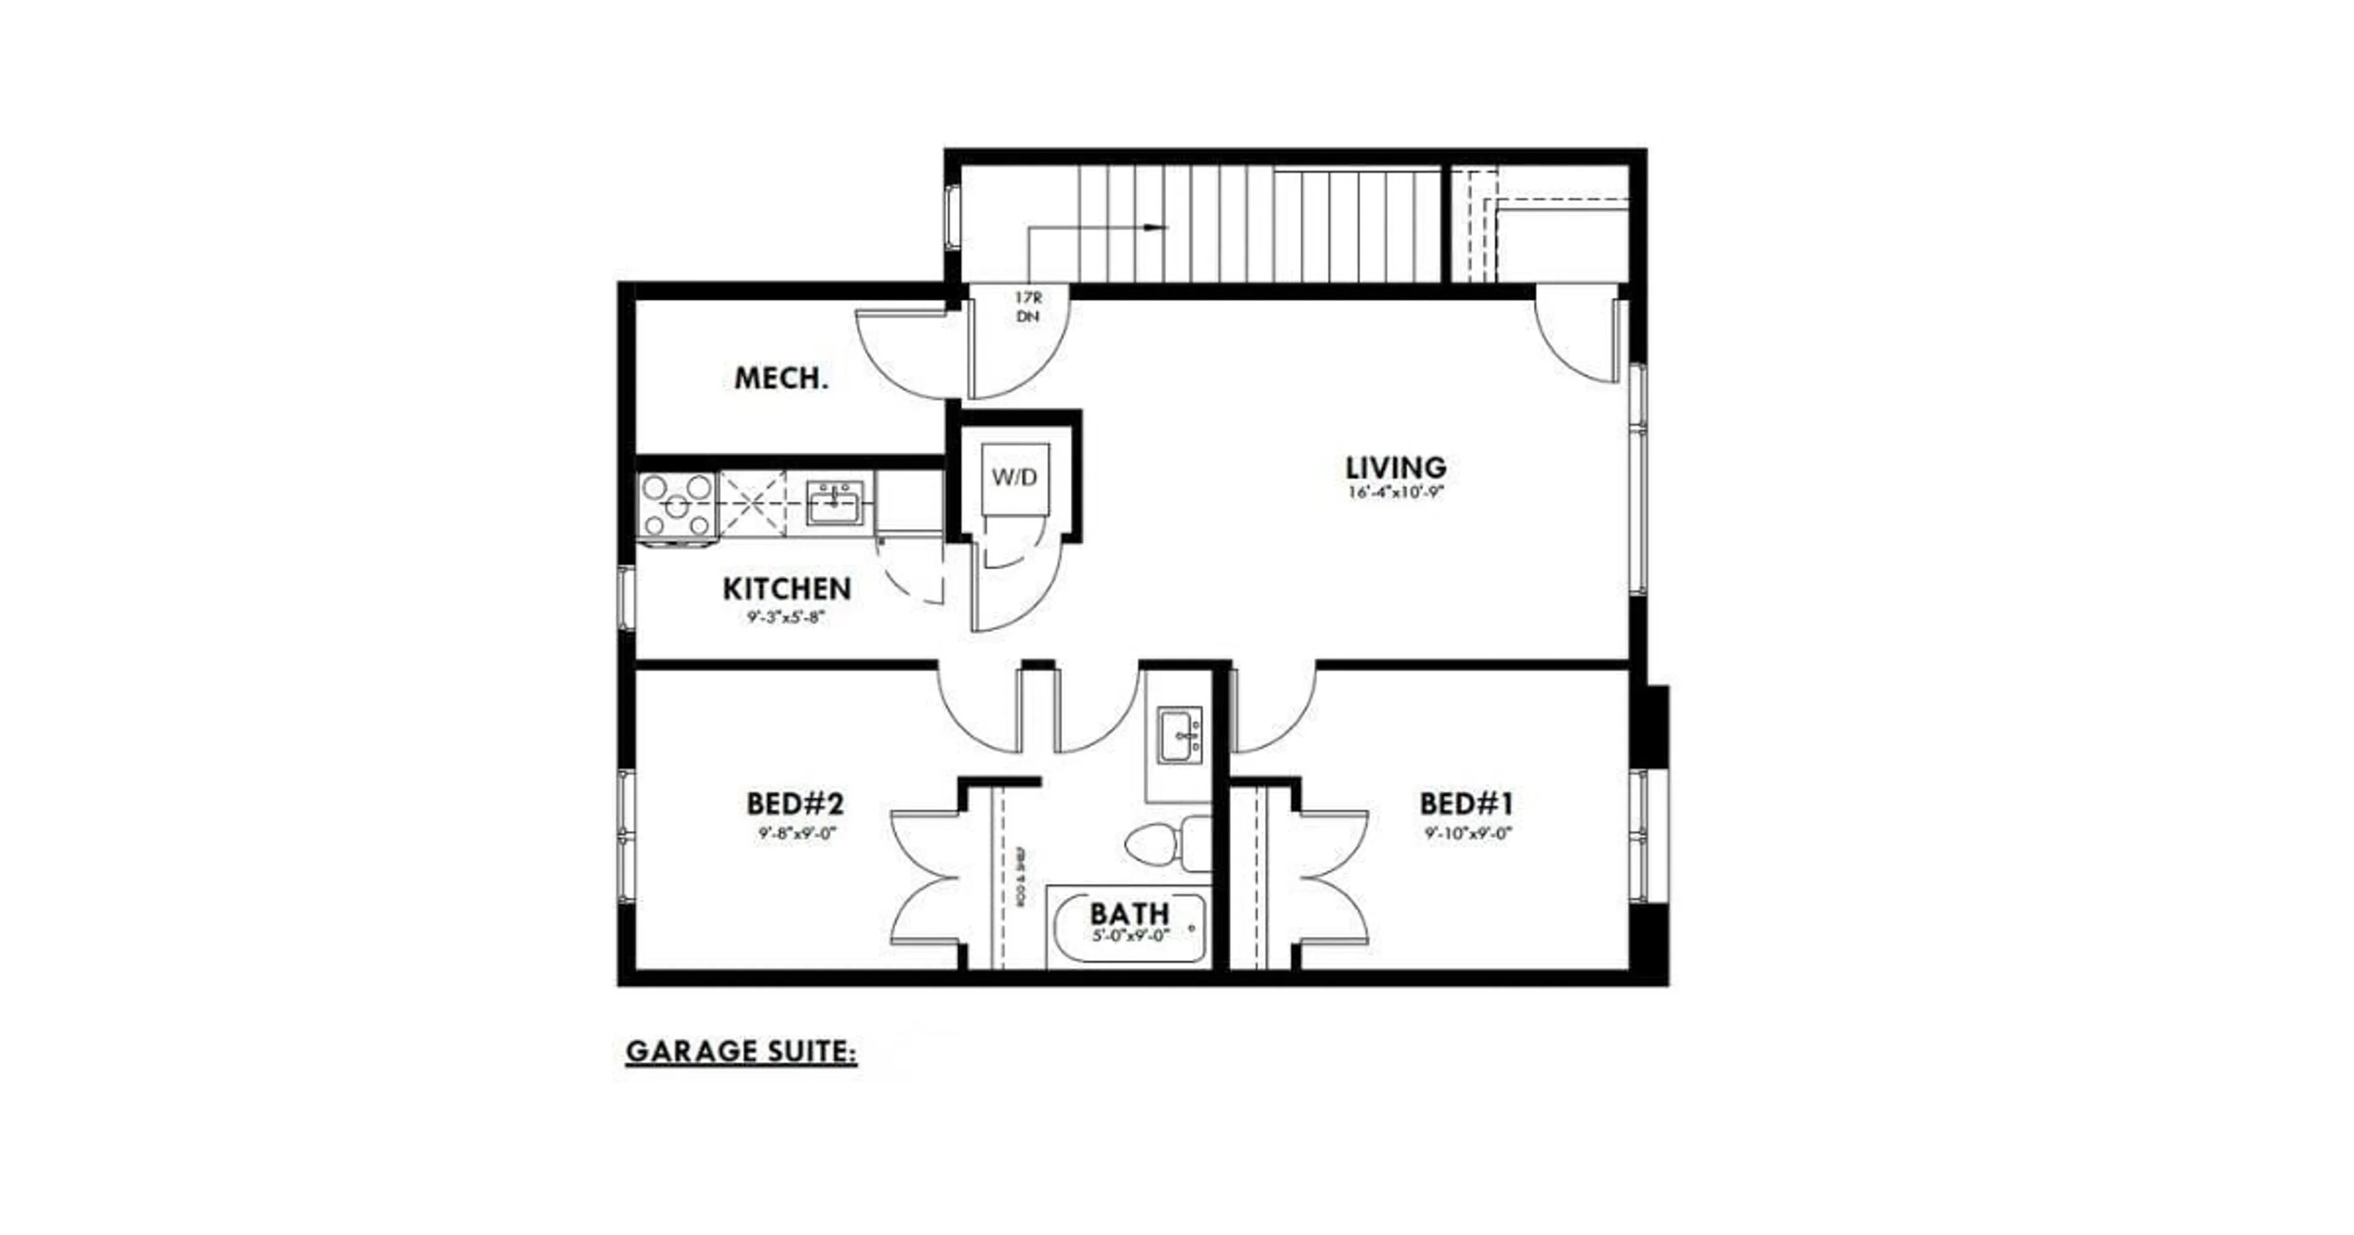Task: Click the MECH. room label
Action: pyautogui.click(x=782, y=378)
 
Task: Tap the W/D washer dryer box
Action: pyautogui.click(x=1015, y=477)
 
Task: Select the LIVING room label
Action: pyautogui.click(x=1395, y=467)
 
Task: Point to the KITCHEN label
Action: pyautogui.click(x=787, y=589)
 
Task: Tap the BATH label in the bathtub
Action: pyautogui.click(x=1129, y=913)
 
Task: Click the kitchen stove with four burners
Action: pyautogui.click(x=677, y=504)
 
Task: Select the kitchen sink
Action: pyautogui.click(x=834, y=504)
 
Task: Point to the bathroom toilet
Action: pyautogui.click(x=1165, y=843)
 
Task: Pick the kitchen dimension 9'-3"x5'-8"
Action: pyautogui.click(x=787, y=617)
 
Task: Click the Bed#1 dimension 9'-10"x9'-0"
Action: pyautogui.click(x=1468, y=833)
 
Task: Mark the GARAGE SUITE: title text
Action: pyautogui.click(x=741, y=1052)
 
